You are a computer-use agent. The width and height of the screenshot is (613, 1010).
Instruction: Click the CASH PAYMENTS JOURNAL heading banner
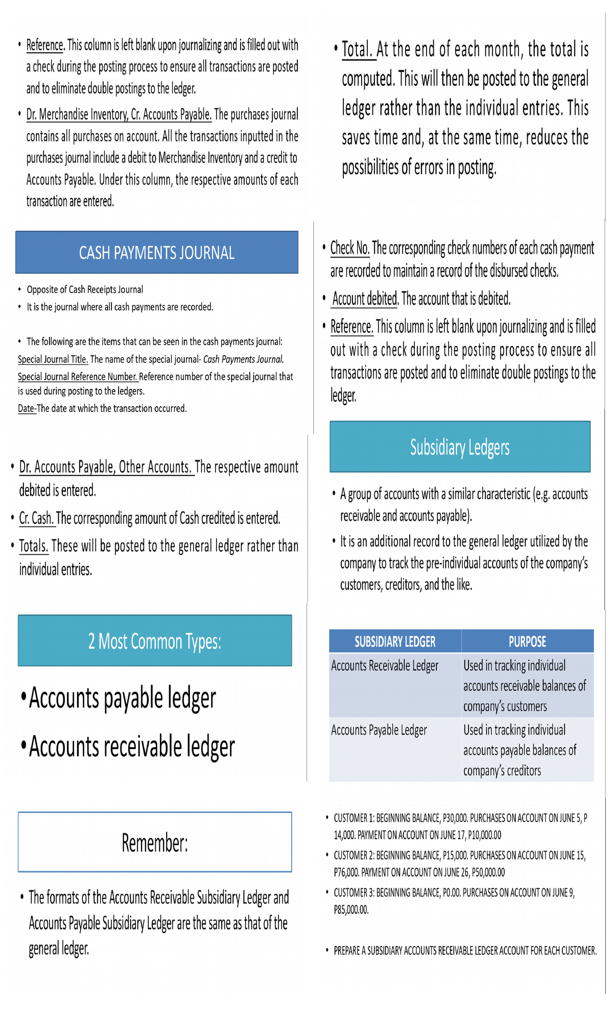tap(156, 252)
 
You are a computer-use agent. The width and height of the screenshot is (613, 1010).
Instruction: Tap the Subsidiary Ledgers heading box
tap(460, 447)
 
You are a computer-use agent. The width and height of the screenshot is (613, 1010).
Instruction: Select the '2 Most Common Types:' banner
tap(155, 641)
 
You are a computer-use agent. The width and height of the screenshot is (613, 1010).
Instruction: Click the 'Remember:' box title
tap(155, 842)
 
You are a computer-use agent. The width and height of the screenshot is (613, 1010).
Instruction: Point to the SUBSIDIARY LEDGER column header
tap(395, 641)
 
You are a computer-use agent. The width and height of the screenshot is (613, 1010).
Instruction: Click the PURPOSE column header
tap(527, 641)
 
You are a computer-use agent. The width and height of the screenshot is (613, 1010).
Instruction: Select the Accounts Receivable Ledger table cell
tap(385, 665)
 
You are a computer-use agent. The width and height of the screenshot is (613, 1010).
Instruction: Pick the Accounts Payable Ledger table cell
tap(379, 730)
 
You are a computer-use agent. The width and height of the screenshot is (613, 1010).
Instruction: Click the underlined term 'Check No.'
tap(350, 248)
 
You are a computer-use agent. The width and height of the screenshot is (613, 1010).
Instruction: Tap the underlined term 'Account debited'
tap(365, 299)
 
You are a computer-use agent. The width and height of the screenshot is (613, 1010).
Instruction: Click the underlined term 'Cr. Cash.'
tap(36, 518)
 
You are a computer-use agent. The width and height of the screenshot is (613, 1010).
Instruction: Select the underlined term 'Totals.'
tap(34, 546)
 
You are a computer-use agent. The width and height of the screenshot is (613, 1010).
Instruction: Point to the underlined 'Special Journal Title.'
tap(53, 359)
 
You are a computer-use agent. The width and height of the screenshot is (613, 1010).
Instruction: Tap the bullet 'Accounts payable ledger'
tap(123, 698)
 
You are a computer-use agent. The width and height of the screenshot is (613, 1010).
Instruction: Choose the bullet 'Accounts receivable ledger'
tap(132, 747)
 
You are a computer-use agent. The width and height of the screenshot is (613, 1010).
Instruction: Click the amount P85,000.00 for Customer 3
tap(351, 910)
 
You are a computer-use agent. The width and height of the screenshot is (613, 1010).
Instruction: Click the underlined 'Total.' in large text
tap(357, 50)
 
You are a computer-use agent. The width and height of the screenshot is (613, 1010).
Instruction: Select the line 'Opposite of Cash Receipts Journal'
tap(85, 290)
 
